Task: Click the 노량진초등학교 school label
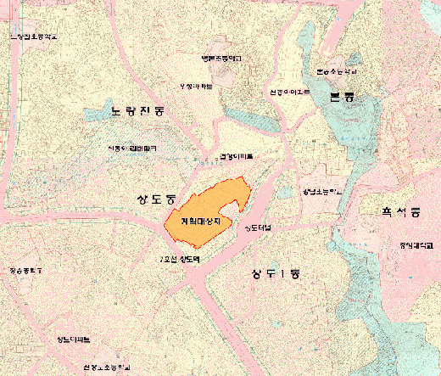coord(36,37)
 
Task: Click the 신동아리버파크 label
coord(132,148)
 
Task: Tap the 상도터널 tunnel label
coord(258,227)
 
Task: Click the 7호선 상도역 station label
coord(181,259)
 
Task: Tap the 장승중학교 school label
coord(25,271)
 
